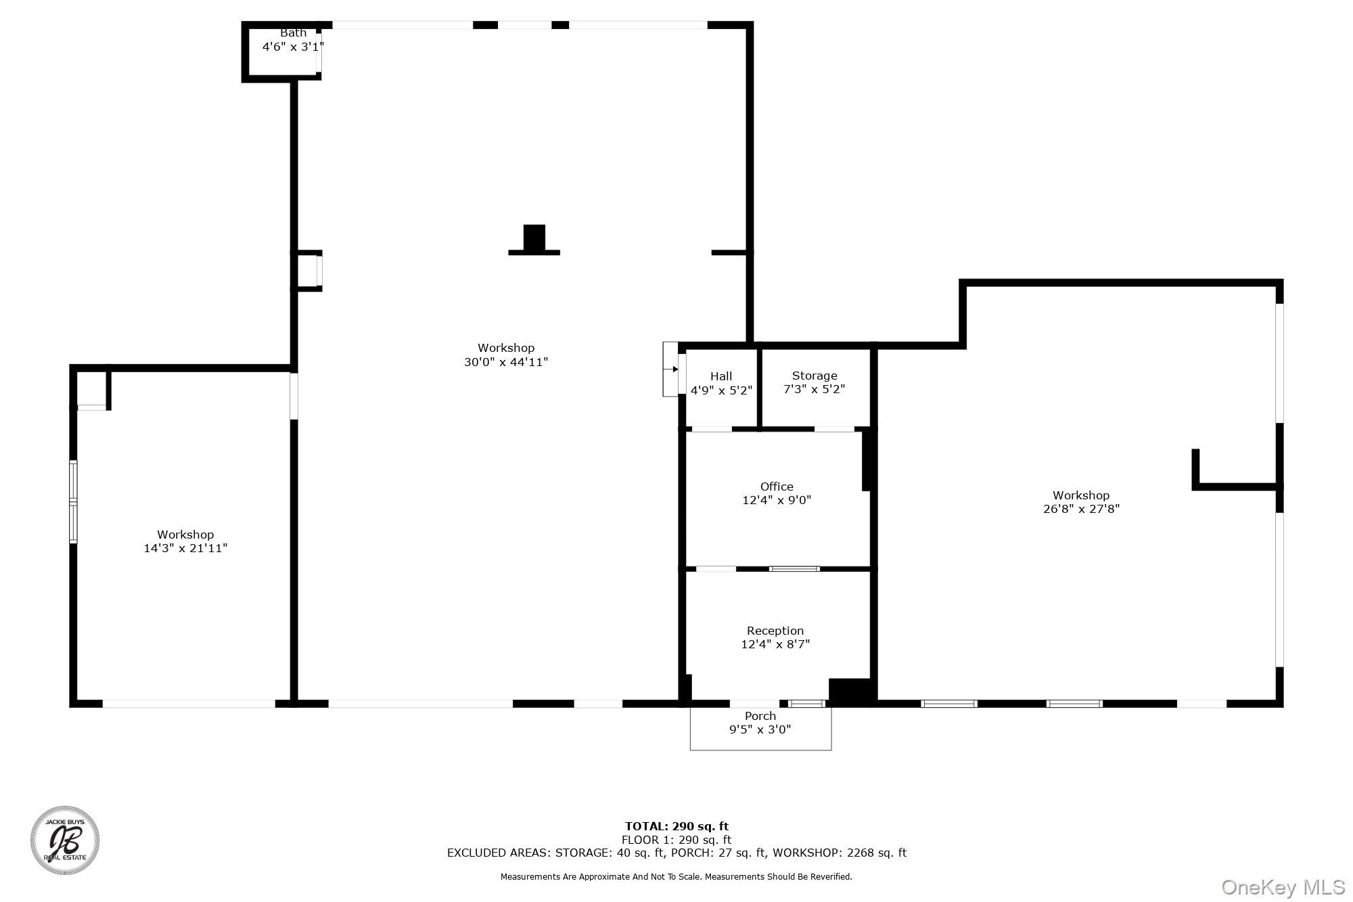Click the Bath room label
(x=293, y=32)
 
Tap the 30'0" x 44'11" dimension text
(x=506, y=362)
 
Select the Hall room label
(x=721, y=376)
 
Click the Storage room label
(x=815, y=376)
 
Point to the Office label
(x=777, y=487)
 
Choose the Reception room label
(x=775, y=631)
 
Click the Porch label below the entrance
(x=760, y=716)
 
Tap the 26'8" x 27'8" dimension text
(x=1081, y=509)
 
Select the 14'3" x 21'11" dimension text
(x=185, y=548)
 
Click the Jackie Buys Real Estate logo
(x=65, y=840)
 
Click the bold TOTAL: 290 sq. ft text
(x=676, y=826)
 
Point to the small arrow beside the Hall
(x=674, y=369)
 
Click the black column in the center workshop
(x=534, y=239)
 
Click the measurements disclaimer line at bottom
(x=676, y=877)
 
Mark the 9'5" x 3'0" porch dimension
(x=760, y=729)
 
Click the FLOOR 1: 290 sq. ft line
(x=676, y=840)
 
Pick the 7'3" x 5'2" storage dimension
(x=815, y=389)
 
